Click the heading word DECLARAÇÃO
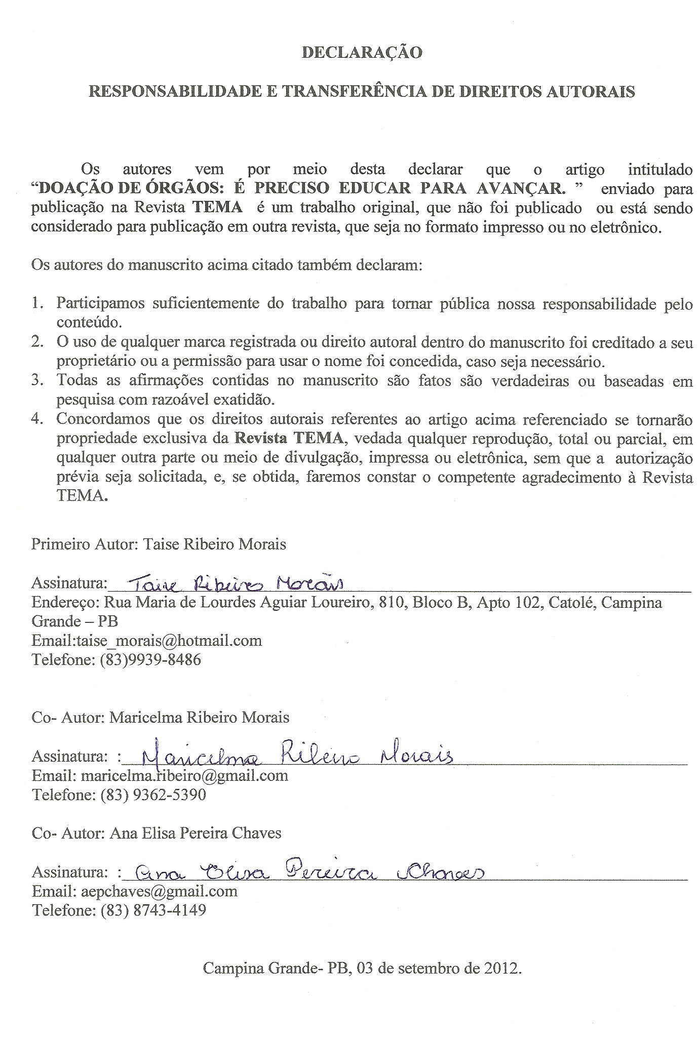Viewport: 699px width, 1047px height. coord(362,53)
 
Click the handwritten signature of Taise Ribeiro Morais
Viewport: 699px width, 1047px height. coord(237,584)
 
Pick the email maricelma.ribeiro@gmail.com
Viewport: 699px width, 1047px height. coord(184,776)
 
